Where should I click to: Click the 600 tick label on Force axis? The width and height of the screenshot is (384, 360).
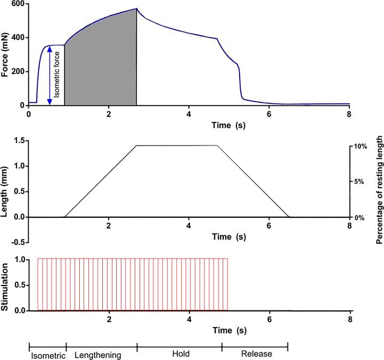18,4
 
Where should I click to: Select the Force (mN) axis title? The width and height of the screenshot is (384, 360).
6,54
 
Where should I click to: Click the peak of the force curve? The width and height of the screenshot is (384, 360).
136,9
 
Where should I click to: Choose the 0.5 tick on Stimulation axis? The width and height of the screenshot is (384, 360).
20,285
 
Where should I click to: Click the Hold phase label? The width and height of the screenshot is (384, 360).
179,354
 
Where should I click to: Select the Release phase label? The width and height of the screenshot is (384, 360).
257,354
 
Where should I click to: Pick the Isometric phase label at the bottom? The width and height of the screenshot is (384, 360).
47,354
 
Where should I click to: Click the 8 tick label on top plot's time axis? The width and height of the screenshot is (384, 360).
349,114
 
